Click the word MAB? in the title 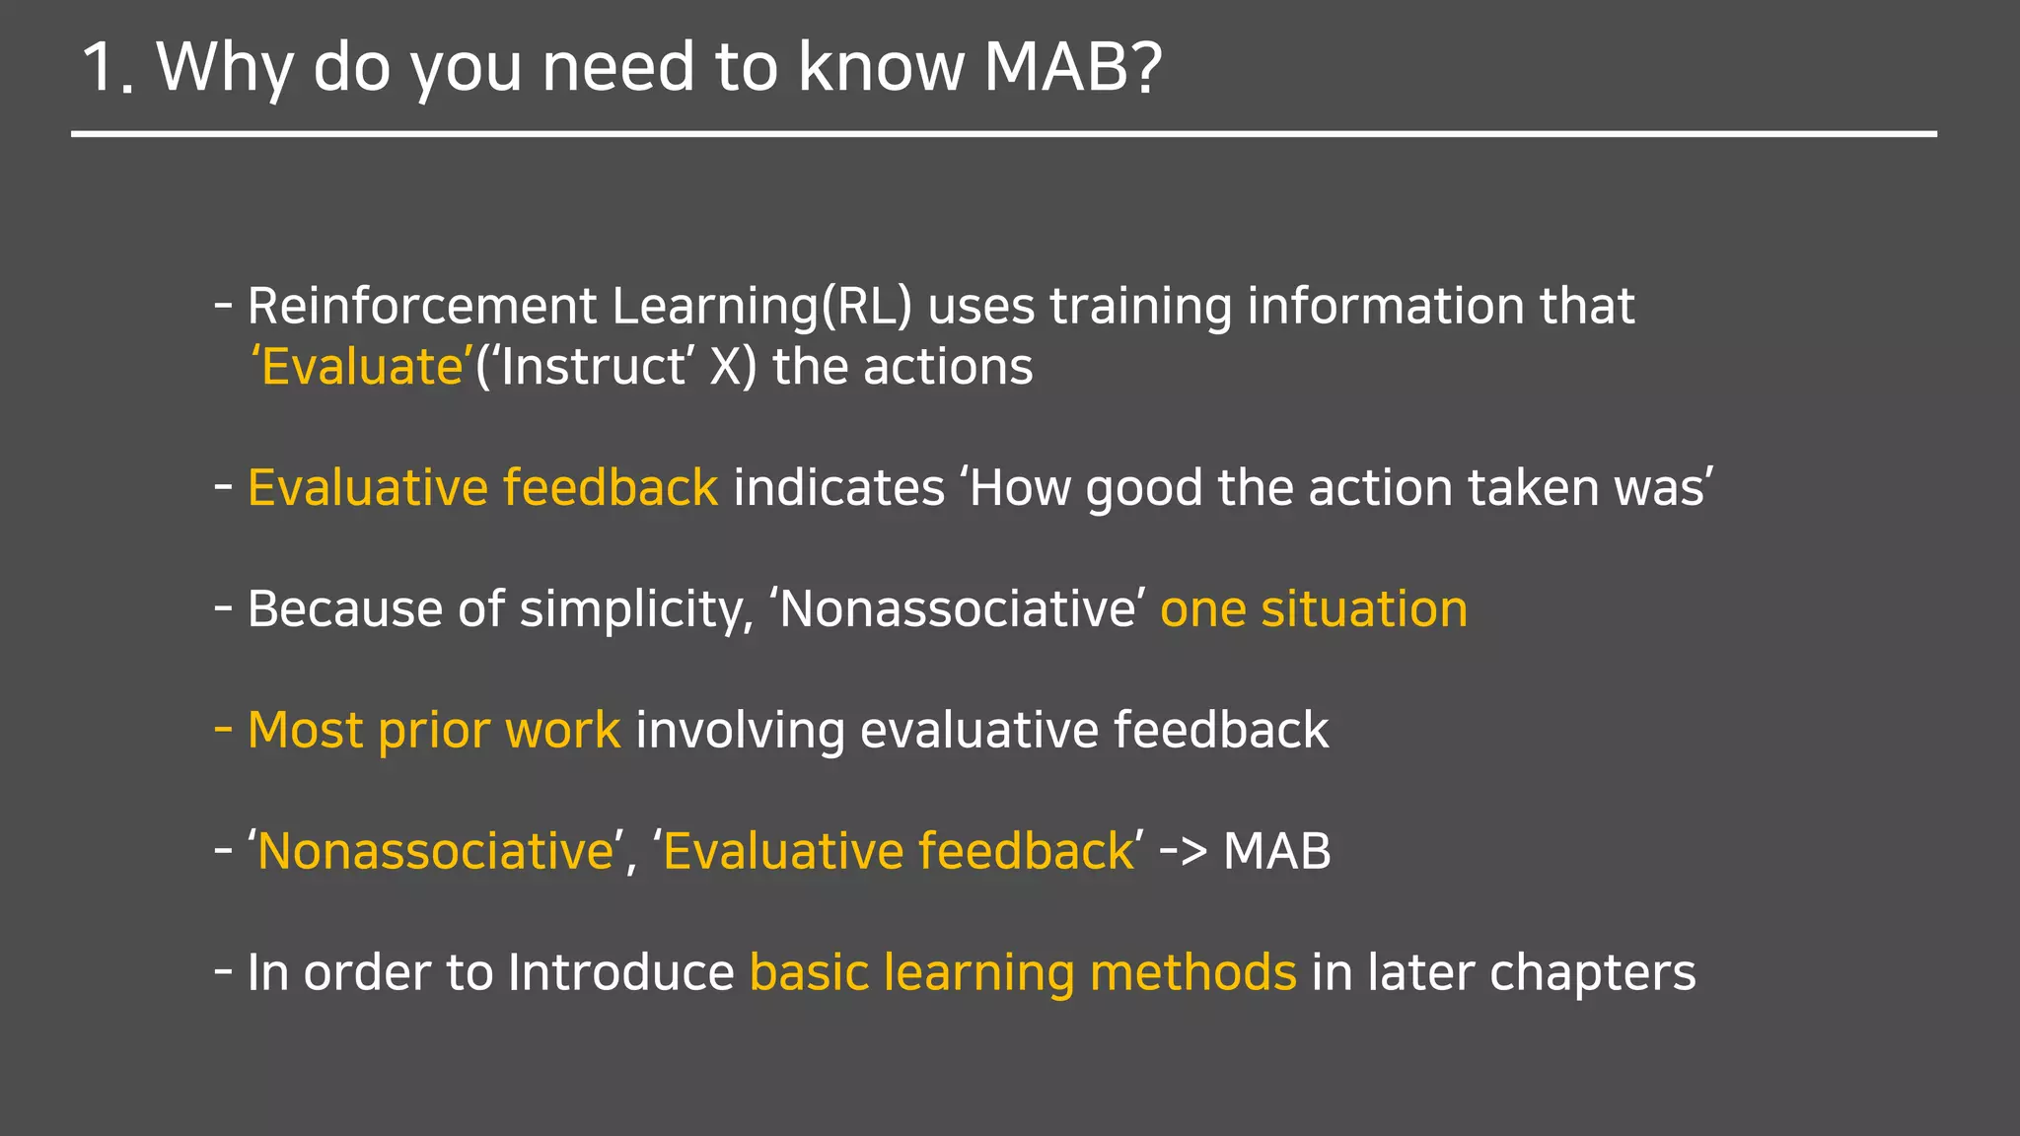pyautogui.click(x=1073, y=67)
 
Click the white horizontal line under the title pyautogui.click(x=1003, y=133)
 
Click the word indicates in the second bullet pyautogui.click(x=838, y=488)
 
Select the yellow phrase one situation pyautogui.click(x=1313, y=609)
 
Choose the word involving pyautogui.click(x=740, y=731)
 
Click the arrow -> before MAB pyautogui.click(x=1183, y=851)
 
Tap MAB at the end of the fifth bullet pyautogui.click(x=1276, y=851)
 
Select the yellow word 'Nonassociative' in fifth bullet pyautogui.click(x=435, y=851)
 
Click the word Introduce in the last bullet pyautogui.click(x=620, y=972)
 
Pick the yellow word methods pyautogui.click(x=1192, y=972)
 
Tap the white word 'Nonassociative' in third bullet pyautogui.click(x=957, y=609)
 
